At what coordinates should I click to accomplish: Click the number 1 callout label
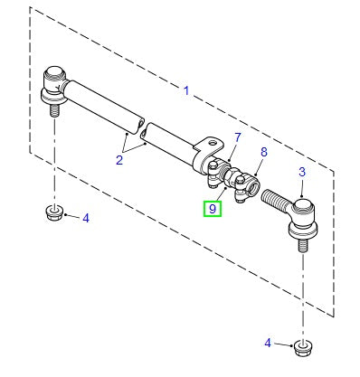(x=186, y=90)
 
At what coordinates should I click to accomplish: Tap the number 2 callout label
(x=118, y=160)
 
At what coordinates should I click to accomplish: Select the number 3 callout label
(x=302, y=172)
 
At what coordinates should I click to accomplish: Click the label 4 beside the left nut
(x=85, y=218)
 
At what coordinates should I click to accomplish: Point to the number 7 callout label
(x=237, y=137)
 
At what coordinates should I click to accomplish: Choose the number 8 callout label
(x=263, y=153)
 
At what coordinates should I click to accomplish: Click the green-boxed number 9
(x=212, y=209)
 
